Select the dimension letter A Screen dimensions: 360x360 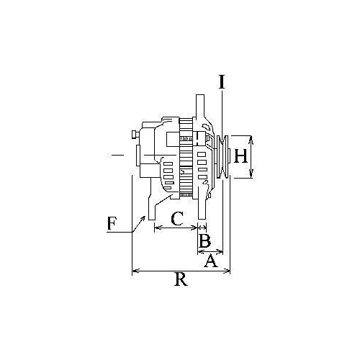coord(210,261)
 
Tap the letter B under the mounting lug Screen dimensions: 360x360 coord(204,240)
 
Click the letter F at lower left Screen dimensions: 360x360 coord(112,223)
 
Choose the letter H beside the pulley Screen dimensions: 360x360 coord(240,156)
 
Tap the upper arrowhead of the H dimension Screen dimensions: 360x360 coord(251,136)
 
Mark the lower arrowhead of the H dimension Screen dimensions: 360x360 coord(251,178)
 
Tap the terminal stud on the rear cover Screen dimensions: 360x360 coord(135,134)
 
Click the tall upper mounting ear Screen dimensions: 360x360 coord(199,108)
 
